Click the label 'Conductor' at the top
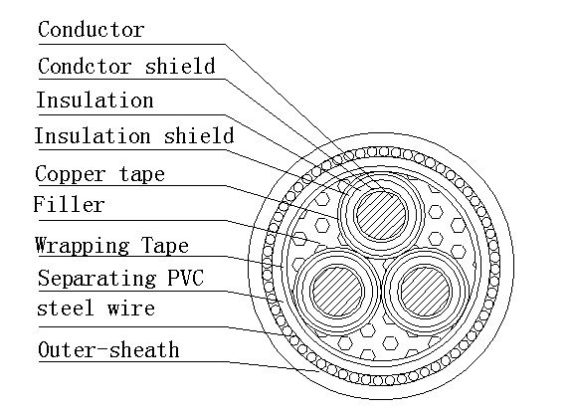(92, 30)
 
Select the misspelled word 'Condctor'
(85, 66)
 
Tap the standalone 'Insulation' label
(95, 100)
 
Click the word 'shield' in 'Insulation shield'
(199, 135)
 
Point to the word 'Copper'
(71, 174)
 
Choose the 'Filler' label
(70, 204)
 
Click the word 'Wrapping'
(82, 245)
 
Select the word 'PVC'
(185, 278)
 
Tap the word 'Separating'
(96, 279)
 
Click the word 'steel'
(65, 308)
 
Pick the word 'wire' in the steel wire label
(131, 309)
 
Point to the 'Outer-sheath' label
(108, 349)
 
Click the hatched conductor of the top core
(381, 215)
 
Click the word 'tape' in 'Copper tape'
(142, 174)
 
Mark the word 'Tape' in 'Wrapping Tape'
(165, 245)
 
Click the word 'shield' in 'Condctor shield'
(180, 66)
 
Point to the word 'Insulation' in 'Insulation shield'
(93, 135)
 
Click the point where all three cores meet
(381, 260)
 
